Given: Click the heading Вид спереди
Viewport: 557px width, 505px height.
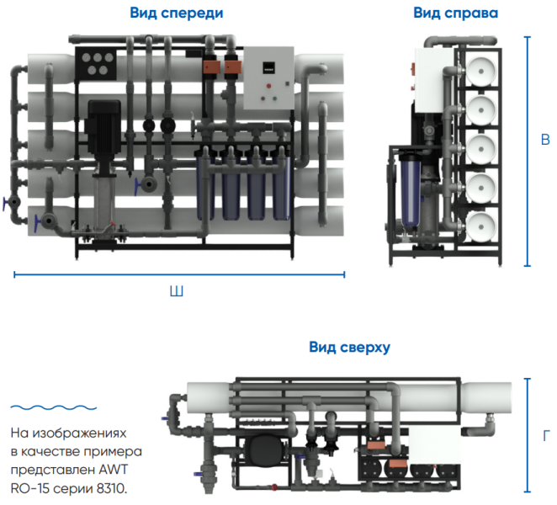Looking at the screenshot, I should (x=177, y=13).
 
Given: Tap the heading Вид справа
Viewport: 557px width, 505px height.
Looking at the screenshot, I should (x=455, y=13).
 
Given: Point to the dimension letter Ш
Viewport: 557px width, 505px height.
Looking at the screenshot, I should (x=177, y=292).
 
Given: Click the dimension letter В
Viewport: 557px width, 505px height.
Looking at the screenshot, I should (x=545, y=140).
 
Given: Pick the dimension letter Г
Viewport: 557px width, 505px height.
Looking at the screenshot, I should (x=546, y=436).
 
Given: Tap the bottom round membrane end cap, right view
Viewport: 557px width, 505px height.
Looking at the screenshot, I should (x=482, y=226).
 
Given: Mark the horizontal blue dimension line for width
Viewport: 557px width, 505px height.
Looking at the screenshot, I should (x=178, y=273).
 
